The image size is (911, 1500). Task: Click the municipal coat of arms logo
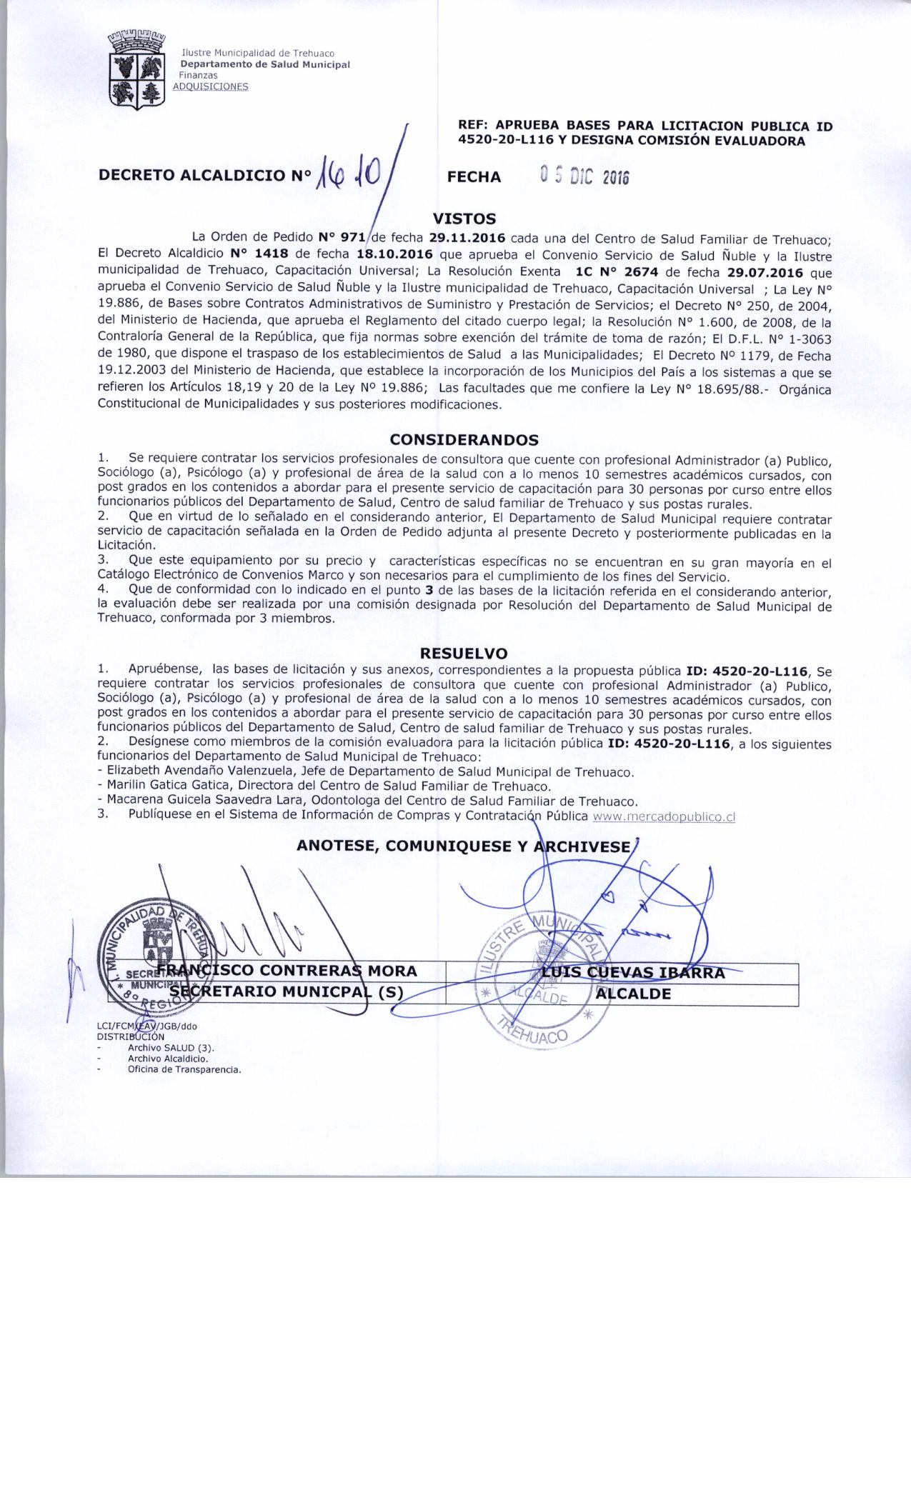click(x=136, y=69)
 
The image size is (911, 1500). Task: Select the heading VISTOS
click(x=464, y=219)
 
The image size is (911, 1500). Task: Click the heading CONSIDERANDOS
click(x=464, y=440)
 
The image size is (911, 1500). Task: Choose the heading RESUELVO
click(x=464, y=653)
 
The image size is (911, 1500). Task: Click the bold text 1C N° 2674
click(x=606, y=273)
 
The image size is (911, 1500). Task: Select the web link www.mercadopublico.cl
click(x=664, y=817)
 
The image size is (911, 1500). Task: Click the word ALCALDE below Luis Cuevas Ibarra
click(x=633, y=994)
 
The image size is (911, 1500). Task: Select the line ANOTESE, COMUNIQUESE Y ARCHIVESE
click(x=464, y=846)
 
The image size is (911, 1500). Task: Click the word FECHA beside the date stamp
click(x=474, y=177)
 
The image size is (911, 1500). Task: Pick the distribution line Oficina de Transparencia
click(x=184, y=1069)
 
